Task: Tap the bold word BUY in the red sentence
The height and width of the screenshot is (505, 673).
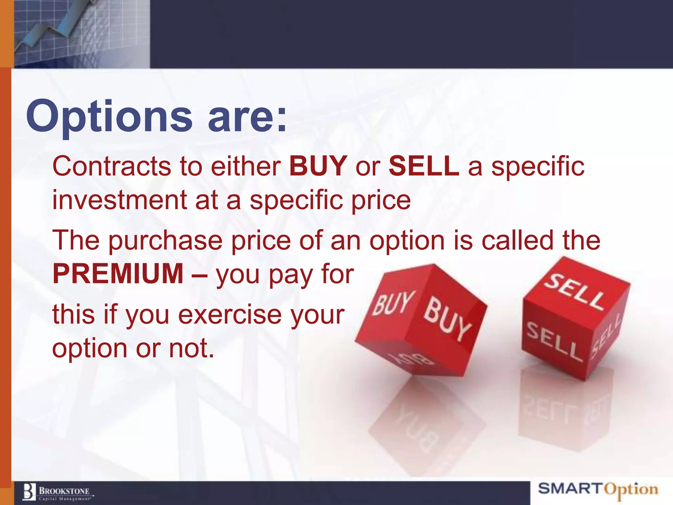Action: pyautogui.click(x=318, y=166)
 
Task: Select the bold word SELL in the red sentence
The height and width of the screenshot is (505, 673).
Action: pyautogui.click(x=424, y=166)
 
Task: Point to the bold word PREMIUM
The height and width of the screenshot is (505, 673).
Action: pyautogui.click(x=118, y=274)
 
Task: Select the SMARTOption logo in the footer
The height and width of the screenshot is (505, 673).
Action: pyautogui.click(x=598, y=489)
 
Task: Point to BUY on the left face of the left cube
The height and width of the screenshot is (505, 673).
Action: pyautogui.click(x=393, y=303)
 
